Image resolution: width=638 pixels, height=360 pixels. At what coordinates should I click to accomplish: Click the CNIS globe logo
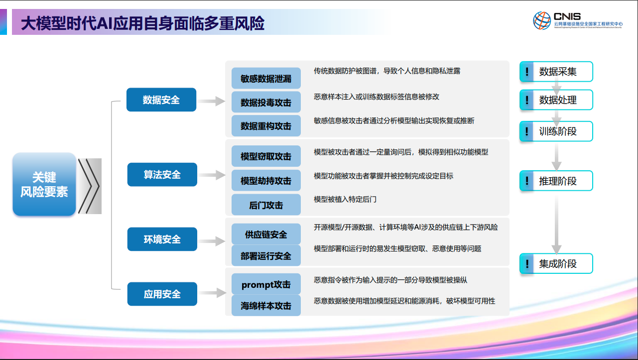(542, 20)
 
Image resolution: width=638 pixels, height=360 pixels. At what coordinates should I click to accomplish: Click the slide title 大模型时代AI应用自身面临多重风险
(142, 23)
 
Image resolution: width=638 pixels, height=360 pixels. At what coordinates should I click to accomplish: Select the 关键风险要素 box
(44, 184)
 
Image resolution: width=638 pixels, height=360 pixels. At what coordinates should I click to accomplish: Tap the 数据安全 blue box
(161, 100)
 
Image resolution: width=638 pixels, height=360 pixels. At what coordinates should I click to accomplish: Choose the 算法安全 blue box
(162, 175)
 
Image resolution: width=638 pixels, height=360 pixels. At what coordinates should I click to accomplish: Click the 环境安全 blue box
(162, 240)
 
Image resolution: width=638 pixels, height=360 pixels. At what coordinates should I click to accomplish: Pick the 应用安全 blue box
(162, 294)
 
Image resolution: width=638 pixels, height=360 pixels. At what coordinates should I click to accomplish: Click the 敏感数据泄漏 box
(266, 79)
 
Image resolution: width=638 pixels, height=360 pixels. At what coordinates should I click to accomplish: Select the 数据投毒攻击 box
(266, 103)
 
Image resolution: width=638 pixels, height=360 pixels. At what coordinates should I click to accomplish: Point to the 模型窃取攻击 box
(266, 156)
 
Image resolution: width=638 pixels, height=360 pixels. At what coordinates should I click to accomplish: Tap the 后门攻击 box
(266, 205)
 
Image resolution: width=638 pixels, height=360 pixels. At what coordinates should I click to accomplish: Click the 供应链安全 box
(266, 235)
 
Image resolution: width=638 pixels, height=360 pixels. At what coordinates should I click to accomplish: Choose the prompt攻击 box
(266, 285)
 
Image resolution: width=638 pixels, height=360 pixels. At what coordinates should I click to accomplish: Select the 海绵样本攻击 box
(266, 306)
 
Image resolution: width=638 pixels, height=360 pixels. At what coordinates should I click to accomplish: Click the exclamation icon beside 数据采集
(526, 72)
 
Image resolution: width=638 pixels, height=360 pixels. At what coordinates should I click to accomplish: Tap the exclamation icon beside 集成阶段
(526, 263)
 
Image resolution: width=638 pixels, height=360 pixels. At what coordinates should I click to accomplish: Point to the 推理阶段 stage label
(558, 181)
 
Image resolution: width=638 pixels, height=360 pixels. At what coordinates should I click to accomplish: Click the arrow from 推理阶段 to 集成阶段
(557, 222)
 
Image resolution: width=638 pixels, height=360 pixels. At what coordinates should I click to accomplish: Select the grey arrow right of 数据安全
(211, 101)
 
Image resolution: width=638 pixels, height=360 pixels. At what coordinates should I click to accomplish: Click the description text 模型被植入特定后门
(345, 199)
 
